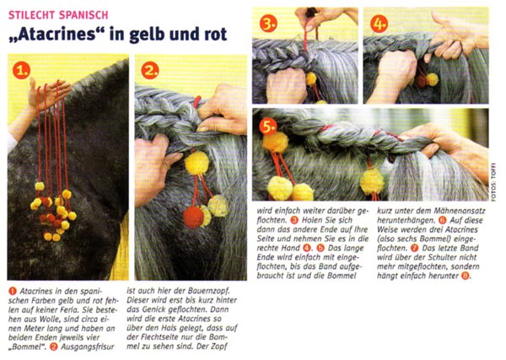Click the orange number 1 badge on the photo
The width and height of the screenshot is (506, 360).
tap(22, 71)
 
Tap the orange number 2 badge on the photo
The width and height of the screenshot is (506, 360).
tap(150, 71)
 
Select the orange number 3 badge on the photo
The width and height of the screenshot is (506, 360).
tap(268, 24)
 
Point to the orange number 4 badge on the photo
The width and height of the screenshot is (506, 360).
tap(379, 24)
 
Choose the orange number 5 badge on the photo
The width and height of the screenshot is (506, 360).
tap(268, 126)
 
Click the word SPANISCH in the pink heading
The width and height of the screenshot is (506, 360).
tap(83, 15)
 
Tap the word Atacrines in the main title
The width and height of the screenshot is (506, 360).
tap(57, 35)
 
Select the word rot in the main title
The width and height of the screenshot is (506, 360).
tap(215, 35)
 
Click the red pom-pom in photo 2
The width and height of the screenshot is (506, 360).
tap(193, 218)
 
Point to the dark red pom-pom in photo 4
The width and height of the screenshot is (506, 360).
tap(421, 81)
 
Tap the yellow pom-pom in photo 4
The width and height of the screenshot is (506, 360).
tap(433, 79)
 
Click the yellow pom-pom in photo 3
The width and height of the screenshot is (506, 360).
tap(311, 78)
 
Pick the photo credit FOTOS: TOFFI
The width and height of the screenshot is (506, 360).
tap(493, 185)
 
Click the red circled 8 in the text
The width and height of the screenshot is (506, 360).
tap(465, 277)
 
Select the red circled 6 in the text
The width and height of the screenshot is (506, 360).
tap(442, 221)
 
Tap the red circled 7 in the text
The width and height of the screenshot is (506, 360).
tap(415, 249)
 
